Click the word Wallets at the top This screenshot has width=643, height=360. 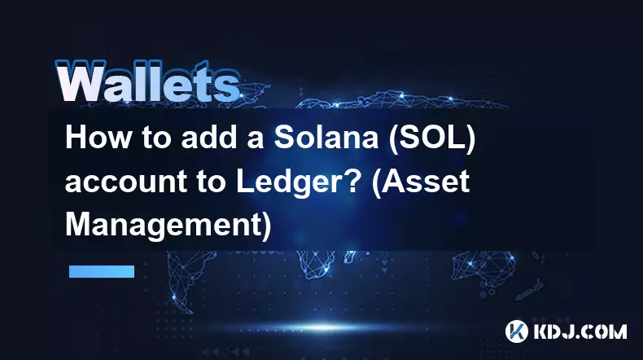[147, 81]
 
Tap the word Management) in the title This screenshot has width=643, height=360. [168, 226]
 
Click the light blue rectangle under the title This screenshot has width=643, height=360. [102, 271]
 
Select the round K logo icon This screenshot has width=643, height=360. [516, 331]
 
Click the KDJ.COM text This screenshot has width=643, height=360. [580, 331]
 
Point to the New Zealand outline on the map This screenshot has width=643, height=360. [530, 289]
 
